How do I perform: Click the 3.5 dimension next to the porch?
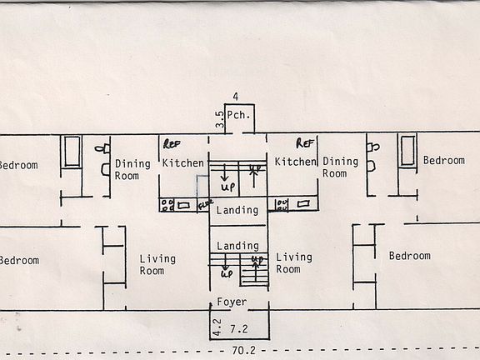point(219,118)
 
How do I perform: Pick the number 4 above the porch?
point(236,97)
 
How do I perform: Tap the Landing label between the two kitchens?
point(237,211)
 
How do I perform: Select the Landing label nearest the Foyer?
point(237,247)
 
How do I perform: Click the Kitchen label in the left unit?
point(183,162)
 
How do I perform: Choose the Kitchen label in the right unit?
point(296,162)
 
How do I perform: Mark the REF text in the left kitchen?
point(172,143)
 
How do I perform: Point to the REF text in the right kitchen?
point(305,143)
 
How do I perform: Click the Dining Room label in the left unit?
point(132,169)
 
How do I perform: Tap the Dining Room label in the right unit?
point(339,167)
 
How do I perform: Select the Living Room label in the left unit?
point(157,264)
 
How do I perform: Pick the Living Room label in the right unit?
point(294,263)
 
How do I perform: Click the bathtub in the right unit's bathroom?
point(407,151)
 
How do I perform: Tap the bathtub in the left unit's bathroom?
point(72,152)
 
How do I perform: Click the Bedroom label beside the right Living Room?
point(409,256)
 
